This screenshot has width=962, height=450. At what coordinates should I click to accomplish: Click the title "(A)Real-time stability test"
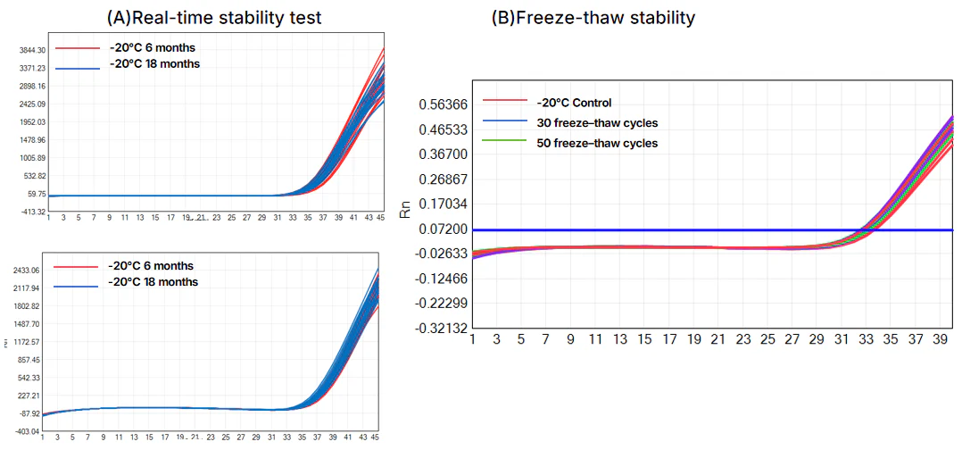click(213, 18)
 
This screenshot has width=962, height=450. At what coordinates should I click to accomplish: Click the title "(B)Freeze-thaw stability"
click(593, 18)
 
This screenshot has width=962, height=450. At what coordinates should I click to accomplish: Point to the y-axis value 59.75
click(33, 194)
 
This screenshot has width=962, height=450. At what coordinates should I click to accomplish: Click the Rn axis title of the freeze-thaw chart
click(406, 212)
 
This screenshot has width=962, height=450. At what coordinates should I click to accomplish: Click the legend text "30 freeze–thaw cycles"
click(597, 122)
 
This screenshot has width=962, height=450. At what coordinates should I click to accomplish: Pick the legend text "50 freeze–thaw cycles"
click(597, 143)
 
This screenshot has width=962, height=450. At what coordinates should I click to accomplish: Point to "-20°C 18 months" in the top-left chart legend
click(153, 63)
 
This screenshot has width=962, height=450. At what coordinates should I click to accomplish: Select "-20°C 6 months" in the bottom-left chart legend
click(150, 265)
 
